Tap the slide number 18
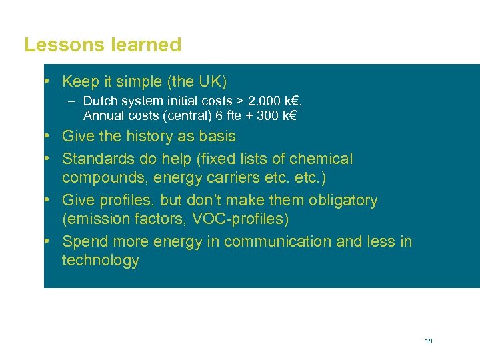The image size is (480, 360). click(x=428, y=341)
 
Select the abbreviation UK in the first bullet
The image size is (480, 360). click(x=209, y=82)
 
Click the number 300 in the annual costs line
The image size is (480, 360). click(x=266, y=116)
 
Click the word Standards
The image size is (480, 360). click(x=95, y=159)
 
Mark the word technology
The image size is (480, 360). click(x=100, y=261)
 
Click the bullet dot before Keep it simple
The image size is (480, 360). click(x=48, y=82)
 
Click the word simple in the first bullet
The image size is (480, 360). click(x=139, y=82)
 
